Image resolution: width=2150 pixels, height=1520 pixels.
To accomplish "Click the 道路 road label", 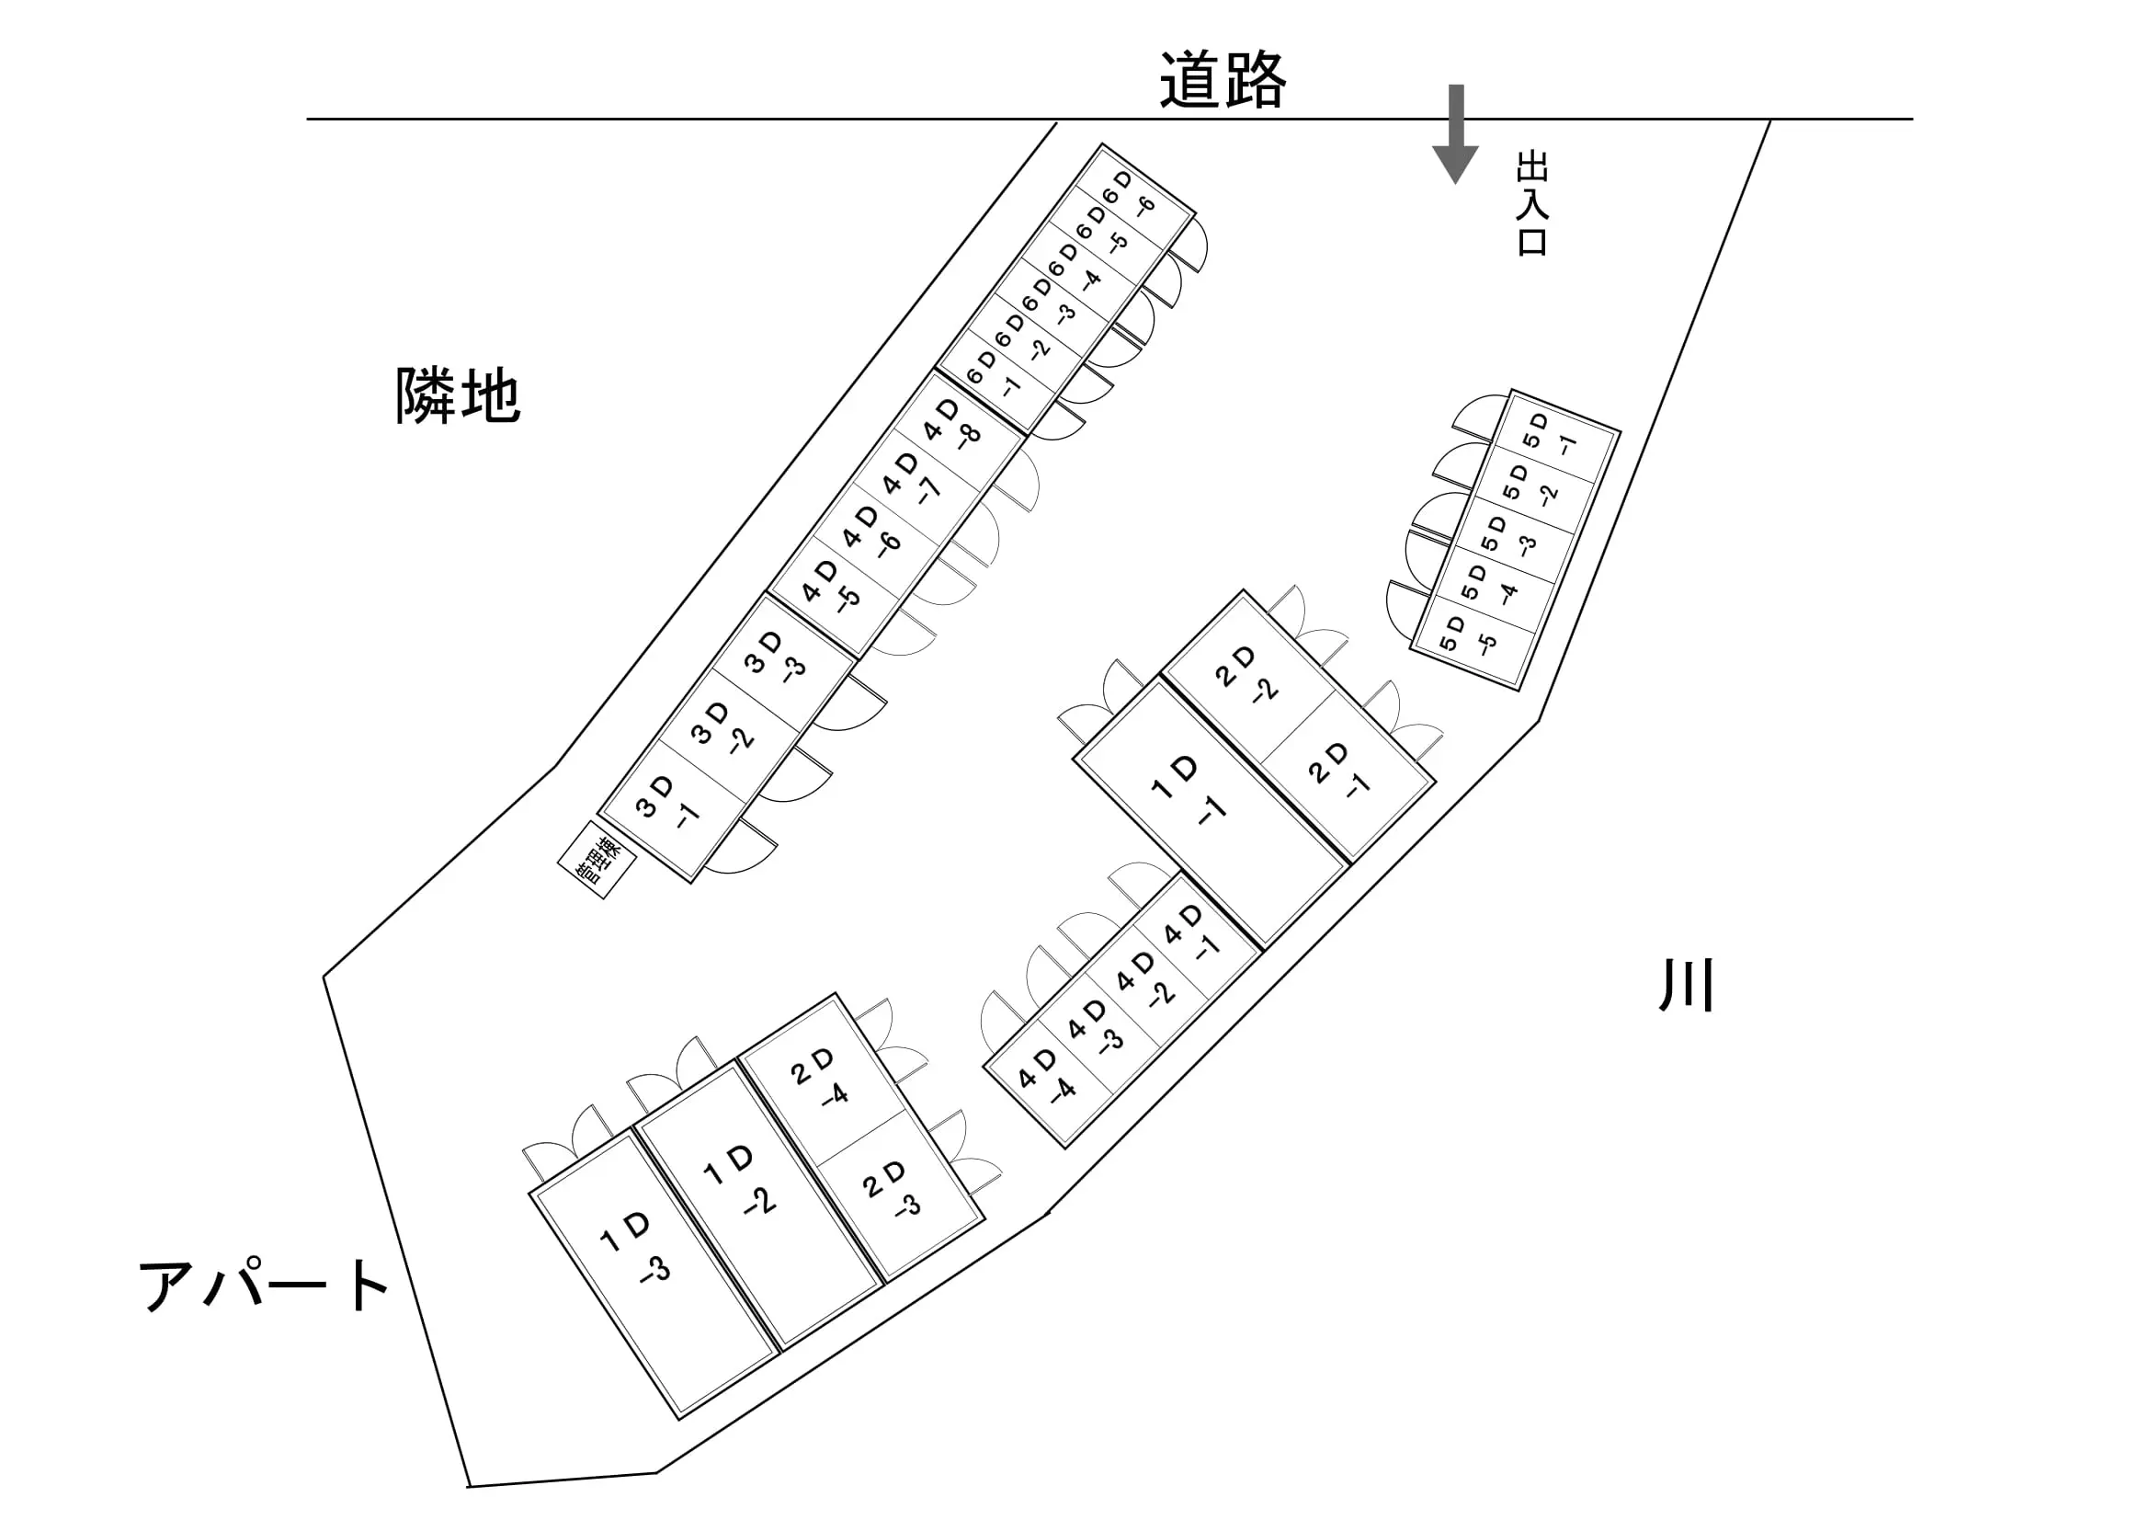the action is [1222, 80].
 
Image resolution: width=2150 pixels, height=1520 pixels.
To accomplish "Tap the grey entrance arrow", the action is [1455, 134].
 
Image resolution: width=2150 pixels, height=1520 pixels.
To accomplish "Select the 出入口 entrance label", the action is [1532, 204].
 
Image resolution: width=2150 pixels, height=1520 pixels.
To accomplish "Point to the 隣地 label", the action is [457, 395].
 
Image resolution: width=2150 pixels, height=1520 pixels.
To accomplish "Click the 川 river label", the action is [1687, 986].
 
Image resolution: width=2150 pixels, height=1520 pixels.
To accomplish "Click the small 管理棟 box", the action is [597, 860].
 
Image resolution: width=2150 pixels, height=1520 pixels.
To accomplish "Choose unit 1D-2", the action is [759, 1206].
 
